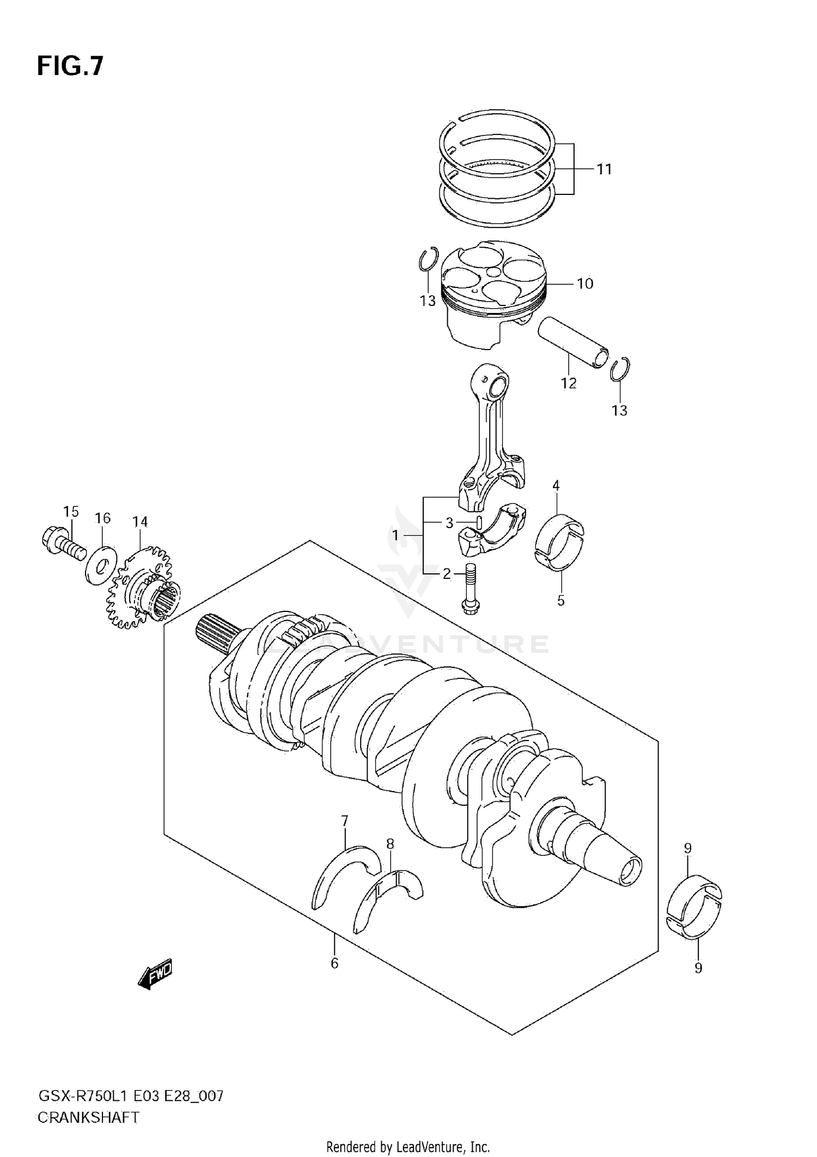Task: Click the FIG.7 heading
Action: (x=70, y=66)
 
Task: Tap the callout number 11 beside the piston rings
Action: (x=604, y=169)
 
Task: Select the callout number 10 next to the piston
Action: (x=584, y=284)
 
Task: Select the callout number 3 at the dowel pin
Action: (x=449, y=523)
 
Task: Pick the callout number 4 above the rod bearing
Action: (x=556, y=485)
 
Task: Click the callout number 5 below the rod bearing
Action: (x=560, y=601)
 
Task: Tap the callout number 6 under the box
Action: (x=334, y=964)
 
